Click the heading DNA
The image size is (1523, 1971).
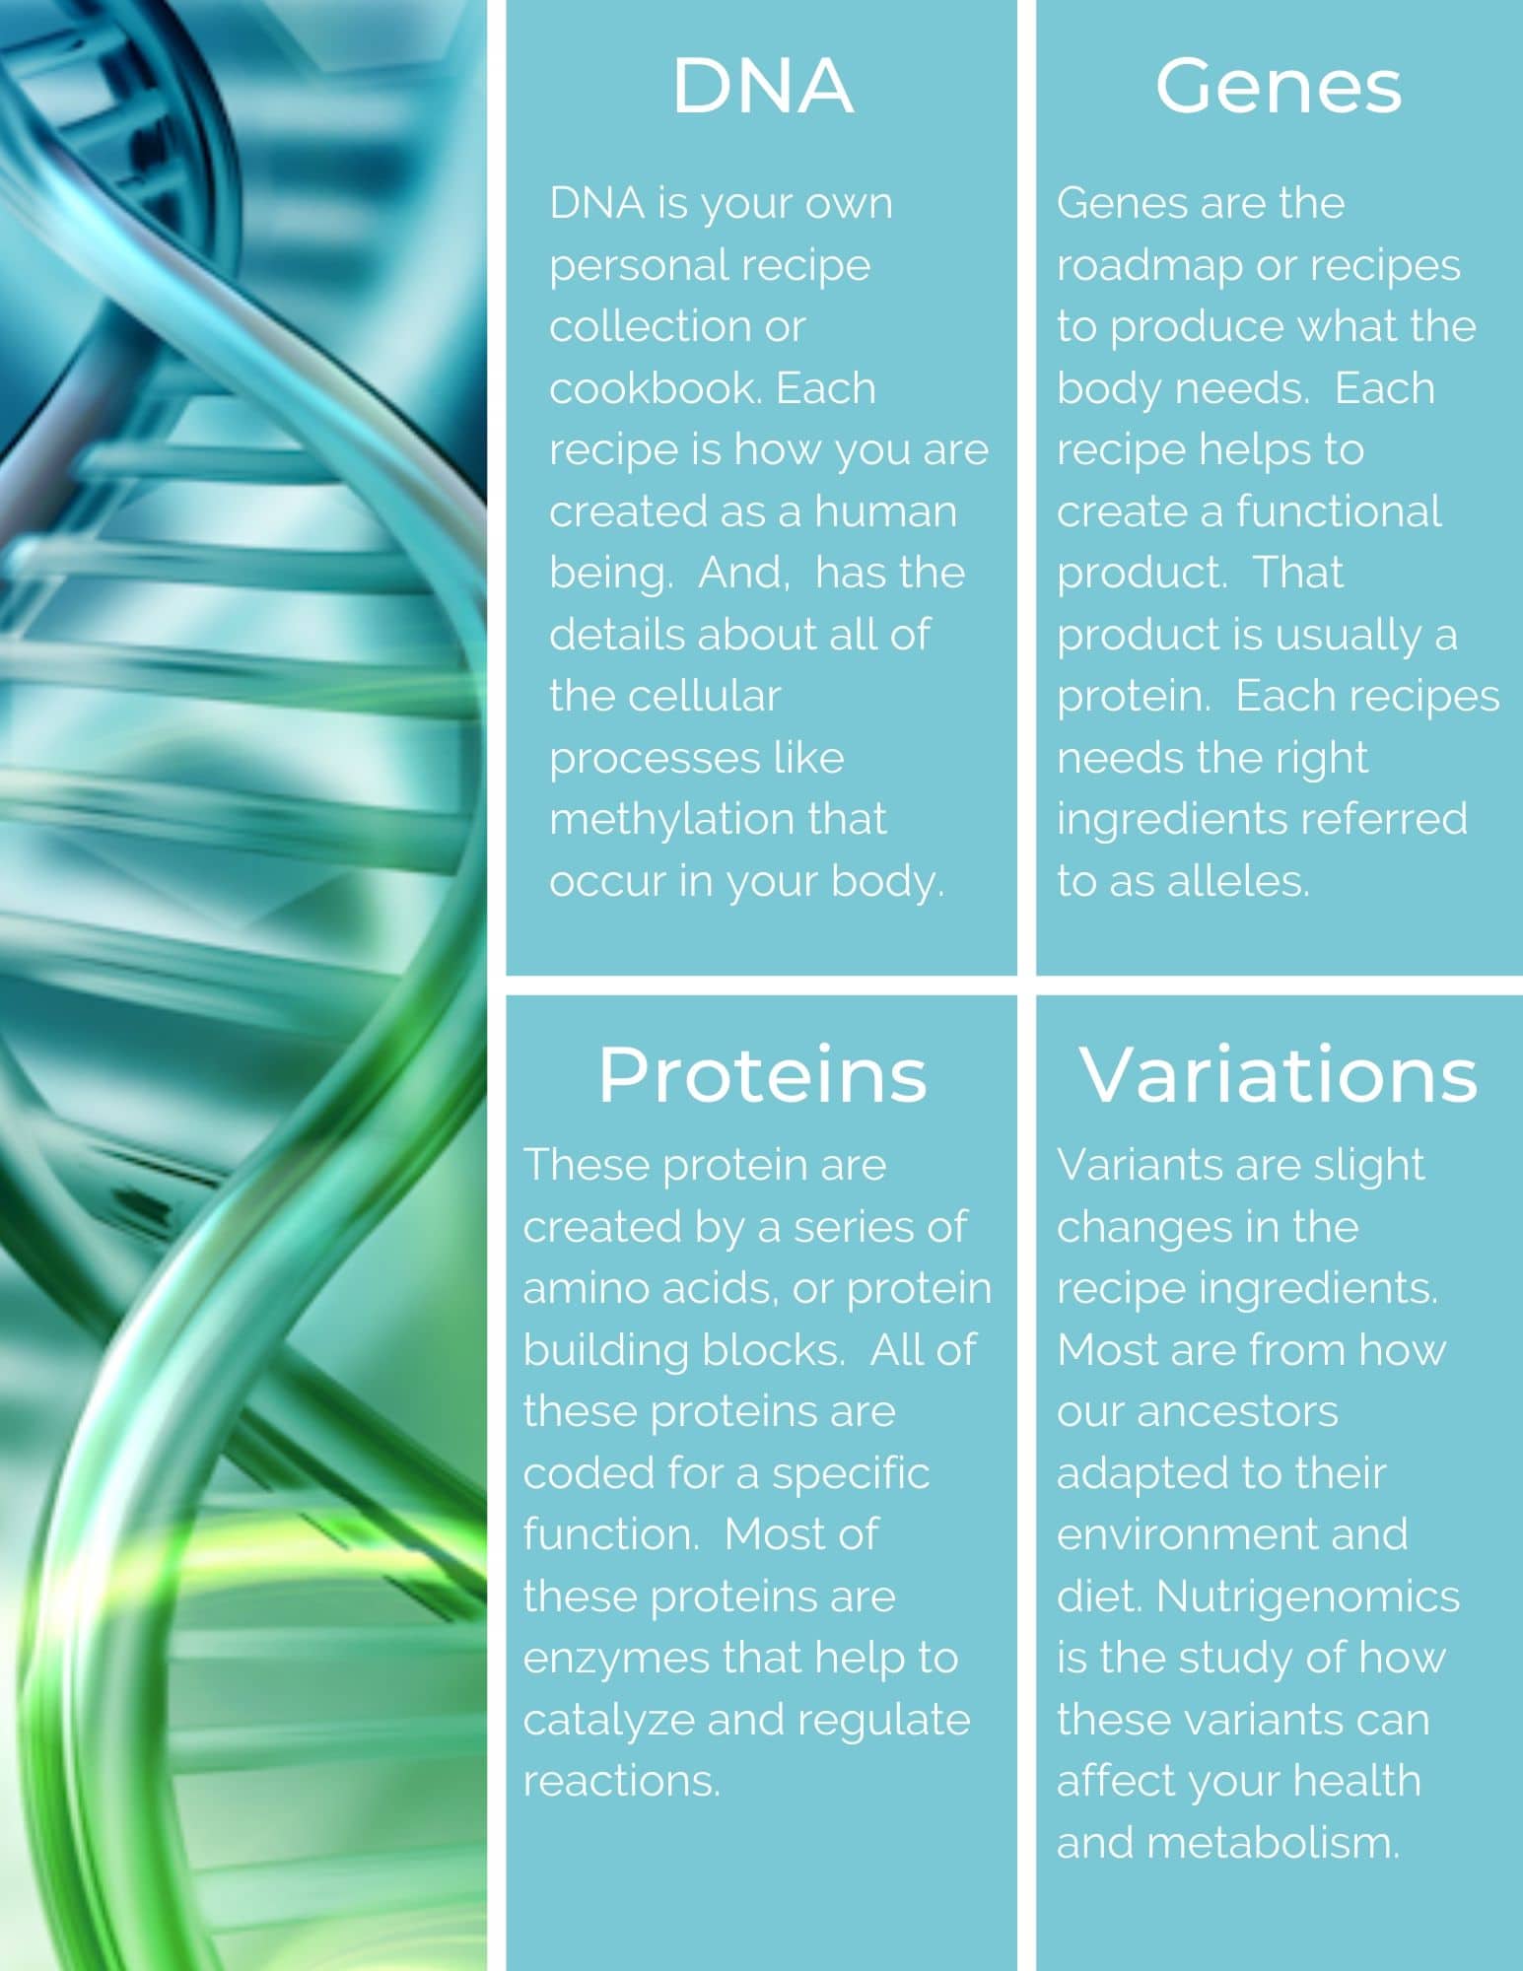pyautogui.click(x=762, y=86)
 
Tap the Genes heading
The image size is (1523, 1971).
pyautogui.click(x=1279, y=86)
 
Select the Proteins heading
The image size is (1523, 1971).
pyautogui.click(x=762, y=1074)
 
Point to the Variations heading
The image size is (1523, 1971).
pyautogui.click(x=1279, y=1074)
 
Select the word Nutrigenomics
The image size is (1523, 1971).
pyautogui.click(x=1307, y=1597)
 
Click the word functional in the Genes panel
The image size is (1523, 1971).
pyautogui.click(x=1338, y=511)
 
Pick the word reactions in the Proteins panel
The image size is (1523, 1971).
pyautogui.click(x=621, y=1782)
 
